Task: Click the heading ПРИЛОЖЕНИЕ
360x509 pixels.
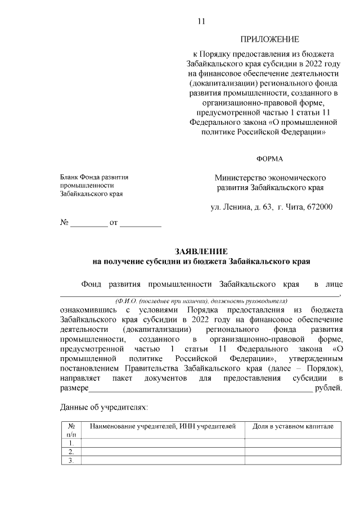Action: pos(269,39)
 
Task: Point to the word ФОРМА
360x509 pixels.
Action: pos(269,159)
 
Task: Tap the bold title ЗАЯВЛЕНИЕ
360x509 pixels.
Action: pos(201,251)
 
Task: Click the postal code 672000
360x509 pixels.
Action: pos(319,207)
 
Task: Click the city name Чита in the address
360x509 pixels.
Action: pos(292,207)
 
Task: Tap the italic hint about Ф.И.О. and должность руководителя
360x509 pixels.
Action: pos(201,301)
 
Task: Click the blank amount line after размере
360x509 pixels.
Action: pos(200,389)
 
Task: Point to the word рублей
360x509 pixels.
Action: pos(328,388)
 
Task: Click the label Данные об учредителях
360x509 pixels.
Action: pos(103,406)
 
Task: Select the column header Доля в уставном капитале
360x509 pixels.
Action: pos(292,426)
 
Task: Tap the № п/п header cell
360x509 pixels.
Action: pos(71,430)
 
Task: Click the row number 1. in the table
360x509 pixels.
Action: pos(71,443)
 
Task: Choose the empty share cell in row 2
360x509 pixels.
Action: pos(292,452)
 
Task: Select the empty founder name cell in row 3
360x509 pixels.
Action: pos(163,461)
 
